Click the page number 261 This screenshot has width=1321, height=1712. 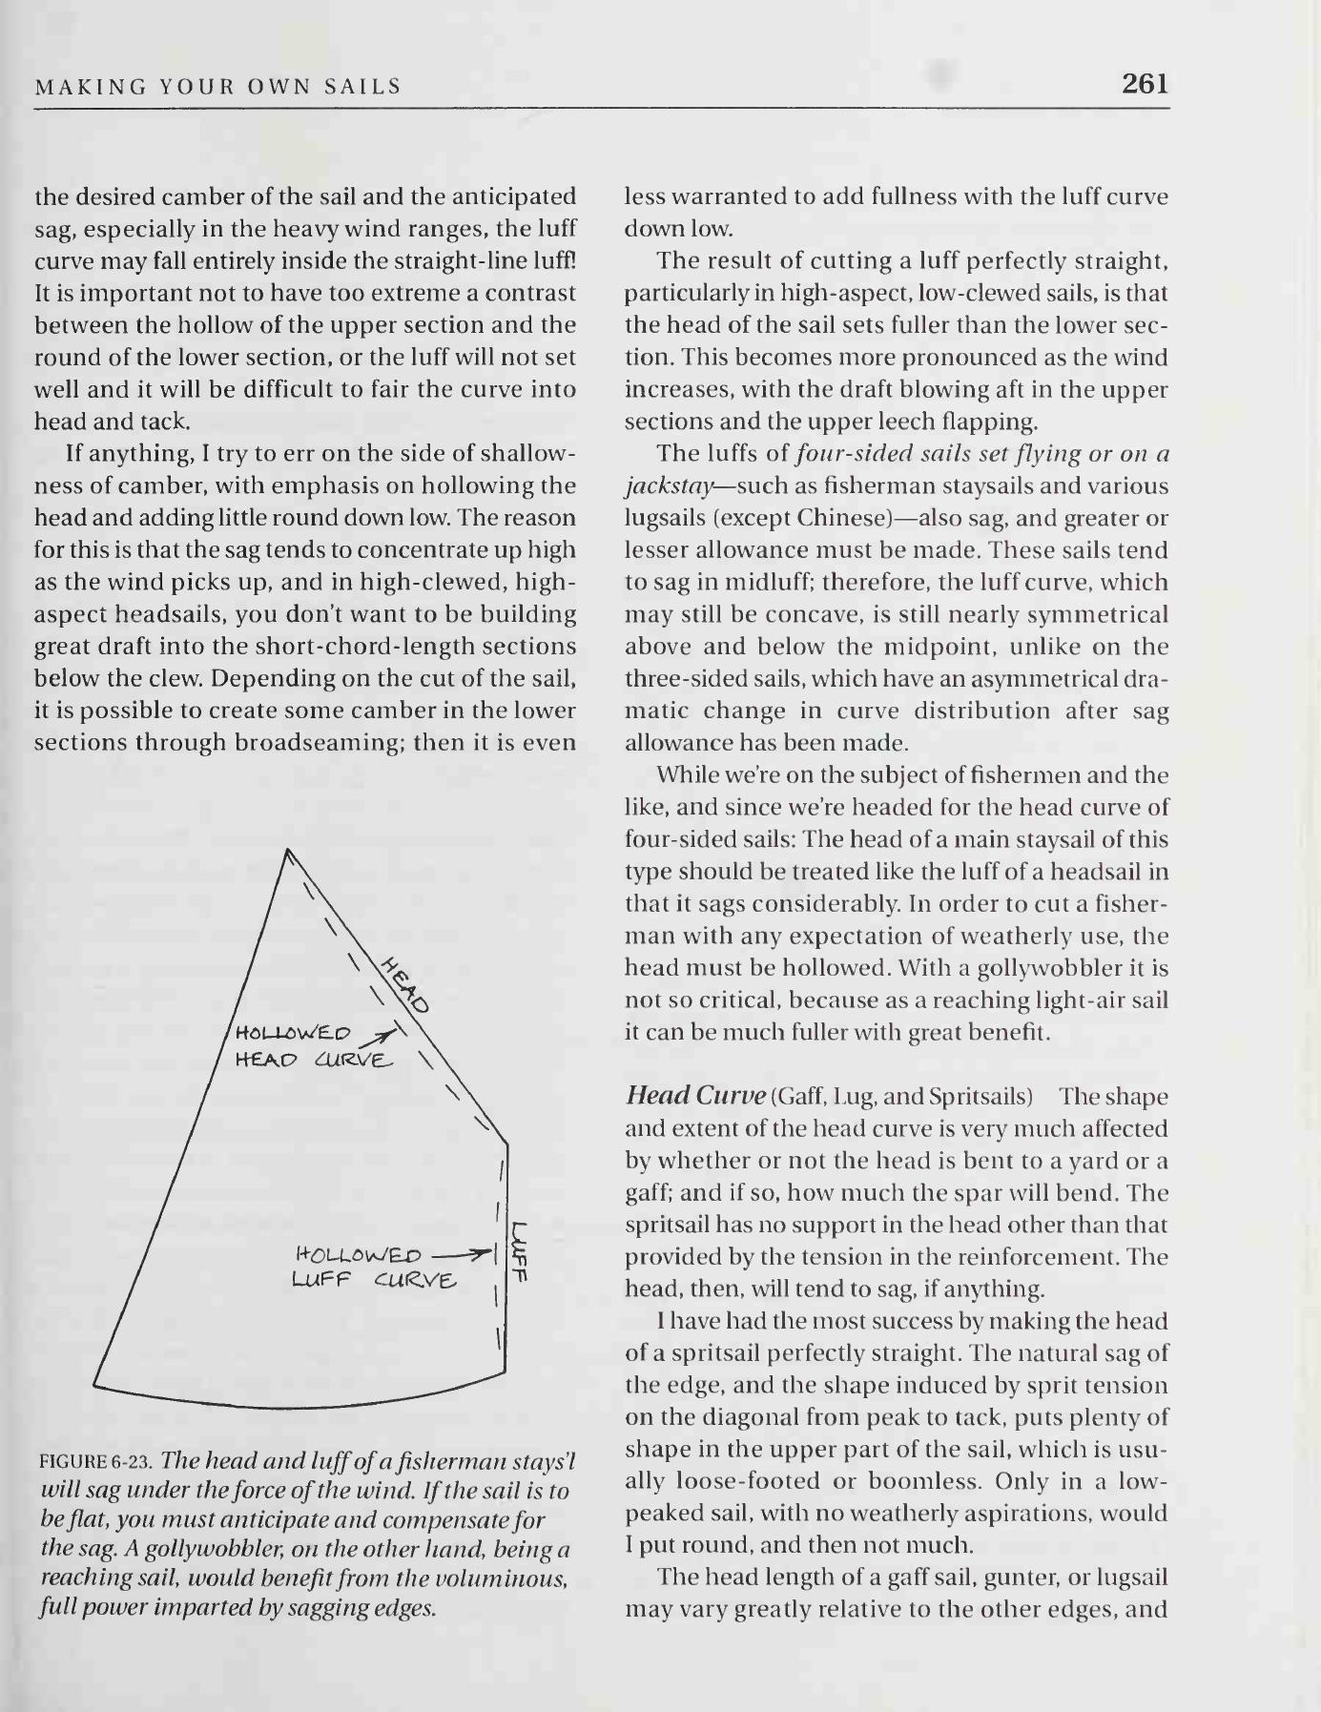1145,85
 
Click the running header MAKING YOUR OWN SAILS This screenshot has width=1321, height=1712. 218,88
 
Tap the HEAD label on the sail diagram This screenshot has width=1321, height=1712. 405,985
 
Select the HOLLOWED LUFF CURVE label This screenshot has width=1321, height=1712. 374,1267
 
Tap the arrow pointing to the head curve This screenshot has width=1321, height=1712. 381,1037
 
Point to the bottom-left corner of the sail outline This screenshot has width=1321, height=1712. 95,1383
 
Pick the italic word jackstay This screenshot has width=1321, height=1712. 669,487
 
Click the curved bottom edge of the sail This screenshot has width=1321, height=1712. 286,1405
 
